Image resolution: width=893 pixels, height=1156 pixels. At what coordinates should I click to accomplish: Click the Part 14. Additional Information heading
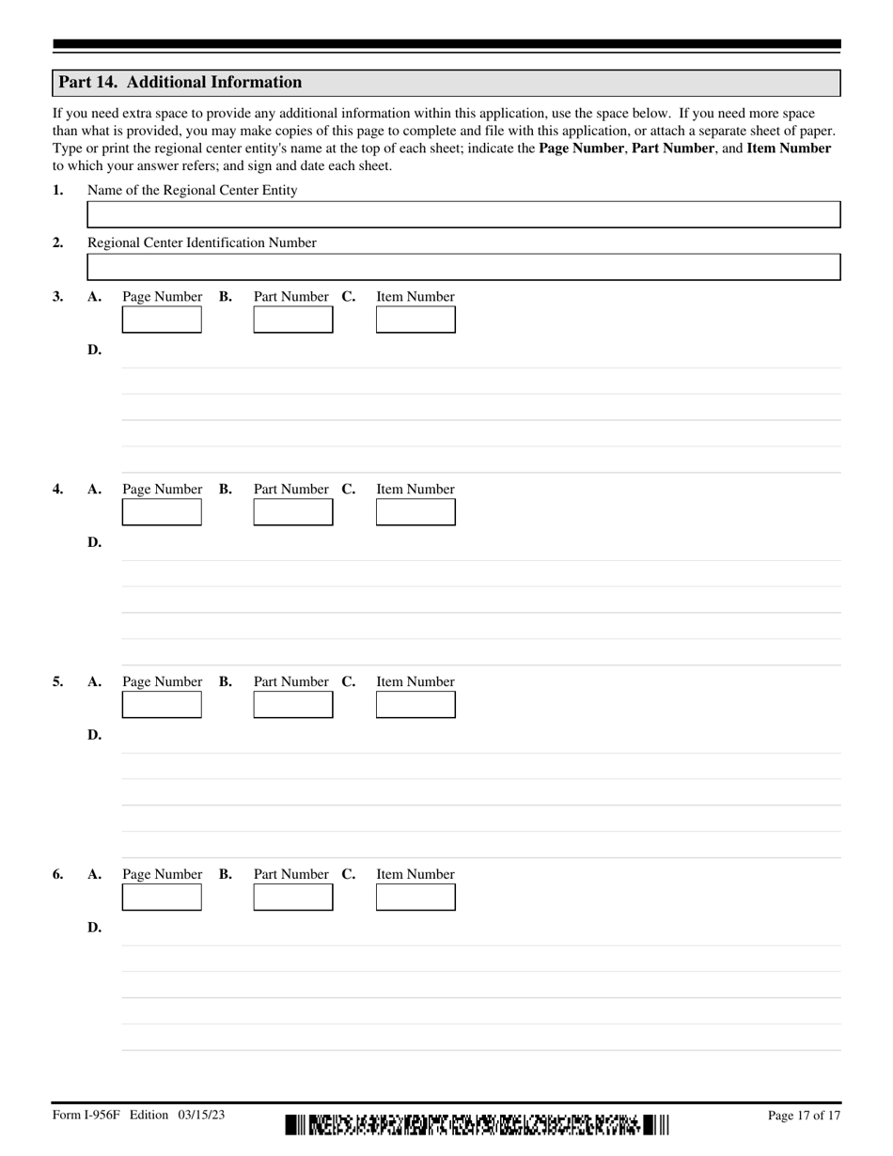pos(180,83)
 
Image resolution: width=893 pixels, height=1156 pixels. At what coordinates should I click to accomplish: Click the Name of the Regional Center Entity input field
pos(463,214)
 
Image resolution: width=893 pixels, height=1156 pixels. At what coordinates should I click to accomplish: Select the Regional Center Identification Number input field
pos(463,267)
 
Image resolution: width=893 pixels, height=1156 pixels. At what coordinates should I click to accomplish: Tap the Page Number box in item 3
pos(162,320)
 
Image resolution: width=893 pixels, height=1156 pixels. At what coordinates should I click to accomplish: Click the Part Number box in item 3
pos(293,320)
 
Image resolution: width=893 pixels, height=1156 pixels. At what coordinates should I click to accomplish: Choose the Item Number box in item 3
pos(415,320)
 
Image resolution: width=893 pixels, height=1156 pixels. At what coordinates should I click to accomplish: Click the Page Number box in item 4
pos(162,512)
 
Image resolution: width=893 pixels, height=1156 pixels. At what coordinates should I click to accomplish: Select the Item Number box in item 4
pos(415,512)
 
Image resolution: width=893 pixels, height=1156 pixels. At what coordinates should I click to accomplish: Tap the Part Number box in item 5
pos(293,705)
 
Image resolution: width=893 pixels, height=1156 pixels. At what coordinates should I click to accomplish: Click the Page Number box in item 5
pos(162,705)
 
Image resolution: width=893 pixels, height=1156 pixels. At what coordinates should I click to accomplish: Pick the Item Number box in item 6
pos(415,898)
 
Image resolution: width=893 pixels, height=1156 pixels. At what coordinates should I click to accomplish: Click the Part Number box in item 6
pos(293,898)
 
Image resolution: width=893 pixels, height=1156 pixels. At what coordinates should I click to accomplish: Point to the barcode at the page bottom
pos(478,1124)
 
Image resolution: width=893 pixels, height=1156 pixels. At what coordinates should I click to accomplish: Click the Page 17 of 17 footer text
pos(804,1116)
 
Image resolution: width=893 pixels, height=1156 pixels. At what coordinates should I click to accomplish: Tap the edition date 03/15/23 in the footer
pos(198,1116)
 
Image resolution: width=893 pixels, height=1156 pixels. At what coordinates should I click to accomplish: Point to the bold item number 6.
pos(58,875)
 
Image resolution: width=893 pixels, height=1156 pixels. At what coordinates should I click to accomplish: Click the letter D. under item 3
pos(94,351)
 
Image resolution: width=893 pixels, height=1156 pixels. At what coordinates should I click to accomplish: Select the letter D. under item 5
pos(94,736)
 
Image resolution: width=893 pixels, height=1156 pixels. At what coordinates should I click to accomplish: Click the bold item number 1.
pos(58,191)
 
